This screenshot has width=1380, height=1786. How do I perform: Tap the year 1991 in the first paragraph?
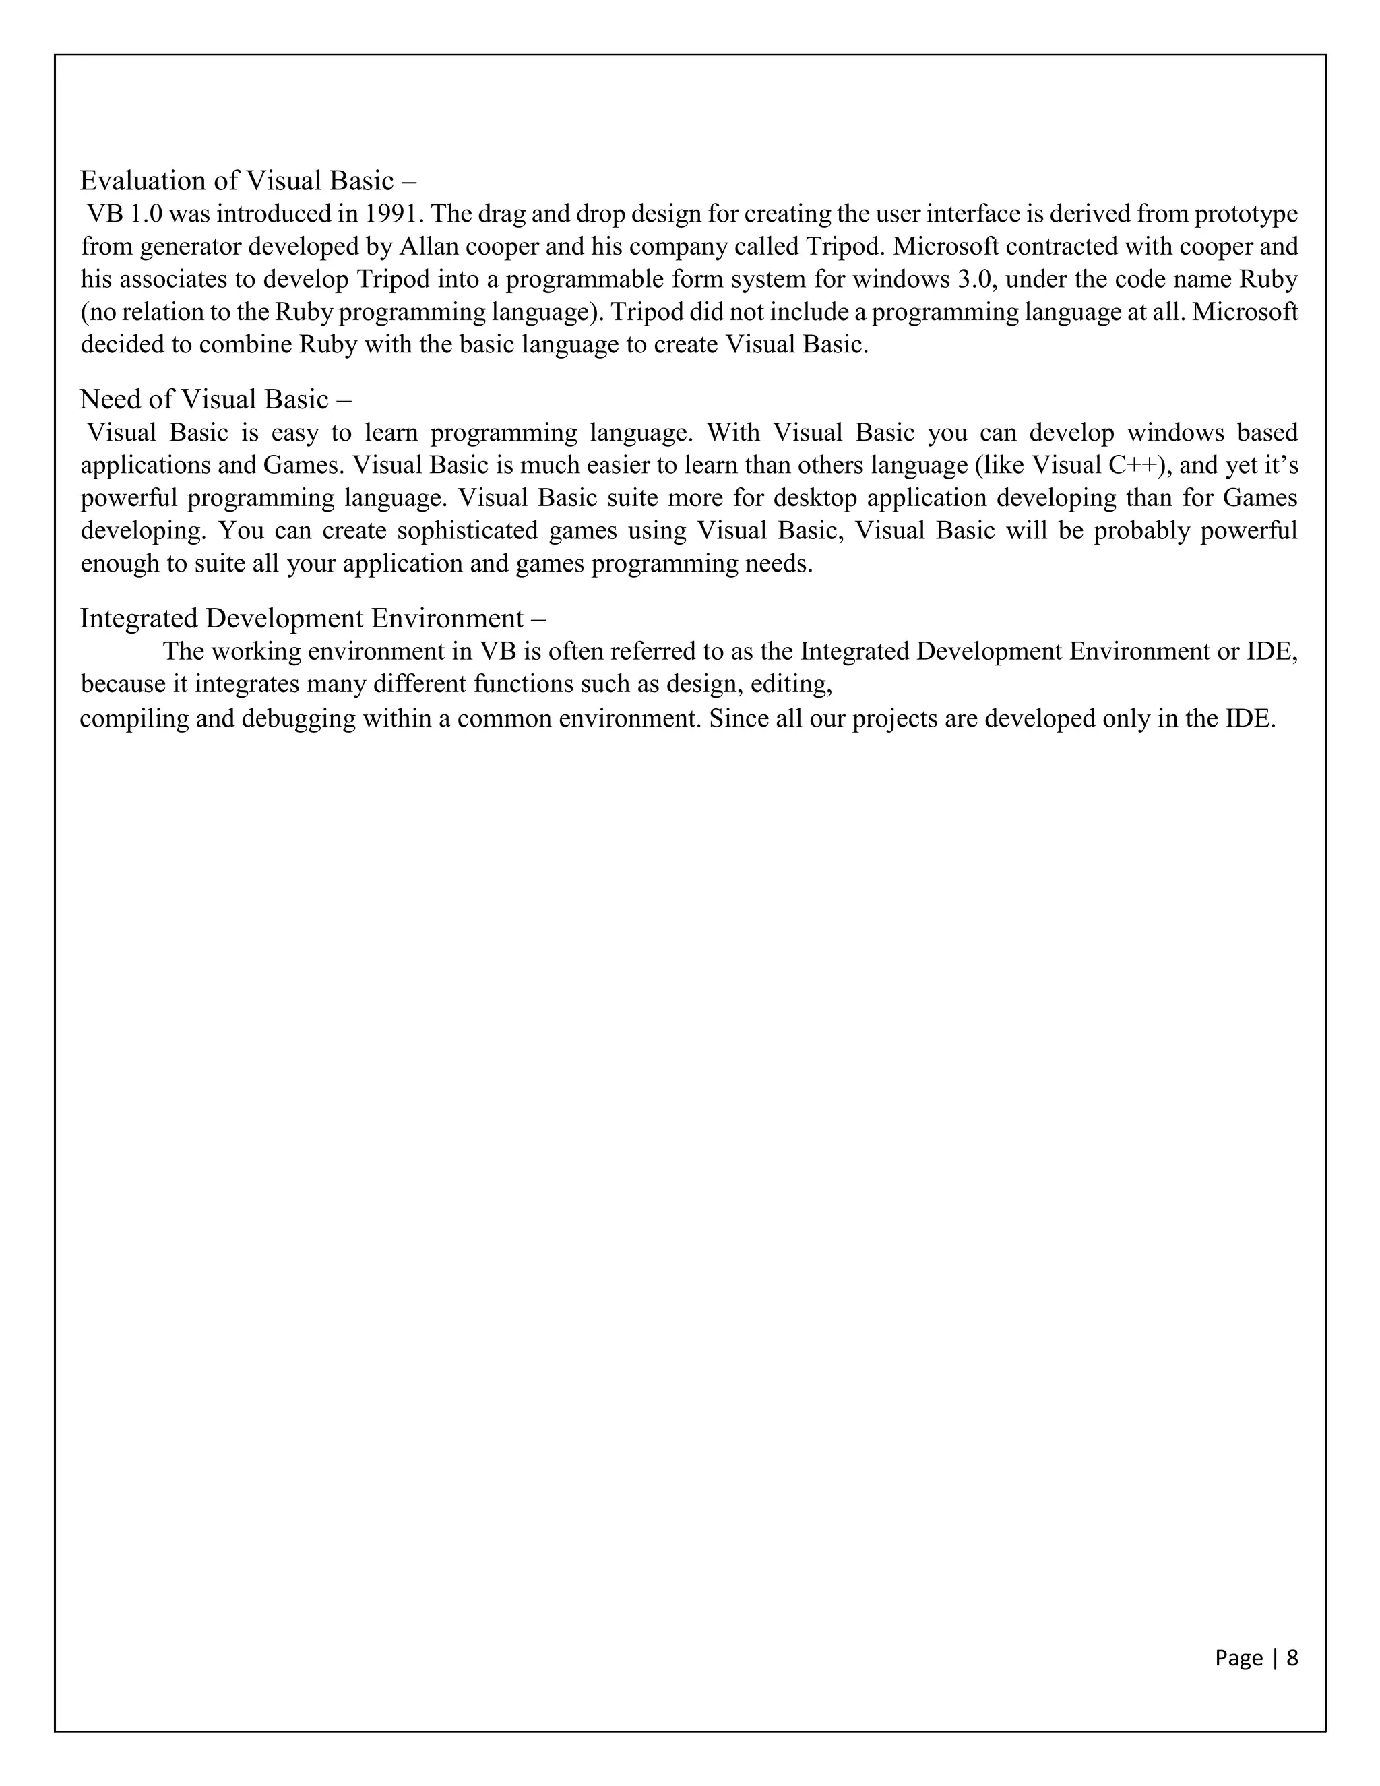pos(390,214)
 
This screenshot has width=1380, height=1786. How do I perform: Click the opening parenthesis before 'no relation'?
pos(84,313)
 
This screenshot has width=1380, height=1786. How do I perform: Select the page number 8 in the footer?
pos(1292,1658)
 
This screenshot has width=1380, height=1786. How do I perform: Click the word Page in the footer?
pos(1238,1658)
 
